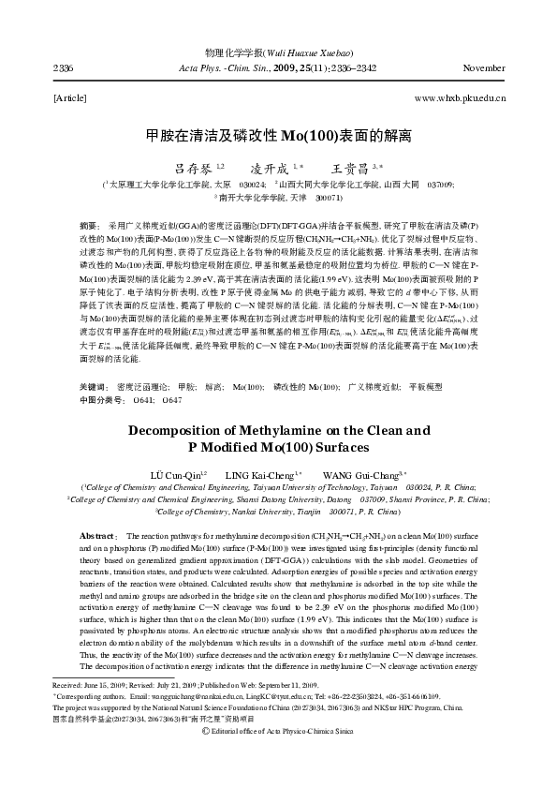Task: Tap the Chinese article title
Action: coord(279,136)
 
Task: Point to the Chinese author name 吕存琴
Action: coord(194,168)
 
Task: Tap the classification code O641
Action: coord(145,400)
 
